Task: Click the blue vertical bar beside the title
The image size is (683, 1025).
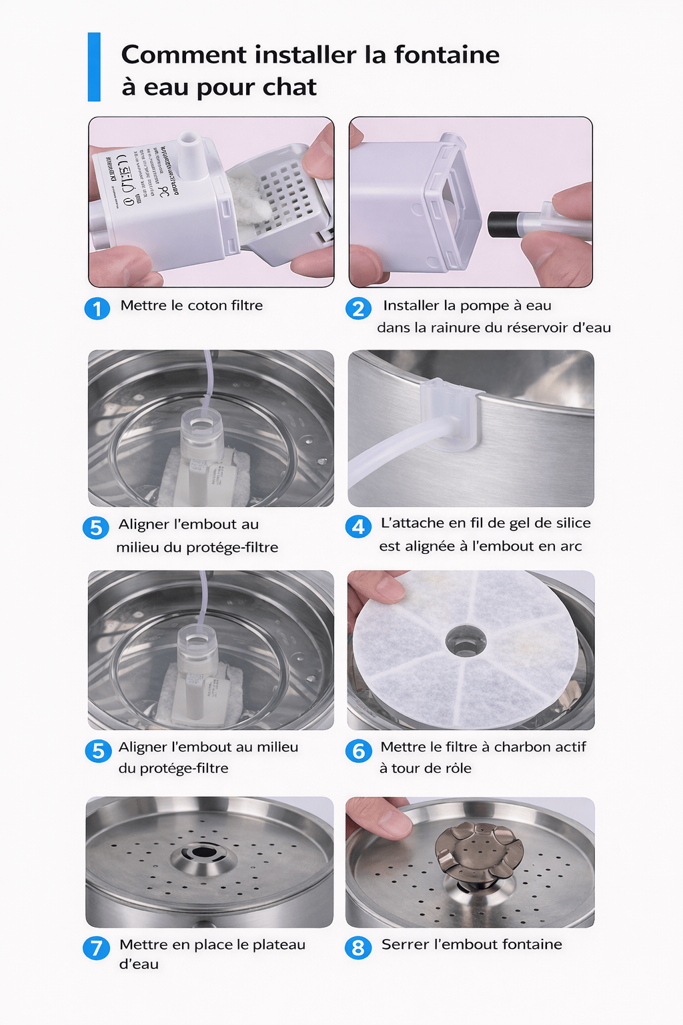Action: coord(94,67)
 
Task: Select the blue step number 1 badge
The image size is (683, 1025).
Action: coord(97,308)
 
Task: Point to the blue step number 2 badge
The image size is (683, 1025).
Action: coord(358,308)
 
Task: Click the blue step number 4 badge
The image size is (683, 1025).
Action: coord(358,527)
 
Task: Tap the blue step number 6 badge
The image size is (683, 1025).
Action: coord(358,751)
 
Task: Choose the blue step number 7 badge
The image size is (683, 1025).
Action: coord(96,948)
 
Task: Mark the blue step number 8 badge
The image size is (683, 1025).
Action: coord(358,948)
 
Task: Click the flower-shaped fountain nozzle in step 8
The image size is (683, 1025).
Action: coord(478,851)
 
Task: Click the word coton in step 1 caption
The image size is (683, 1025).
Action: coord(207,306)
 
